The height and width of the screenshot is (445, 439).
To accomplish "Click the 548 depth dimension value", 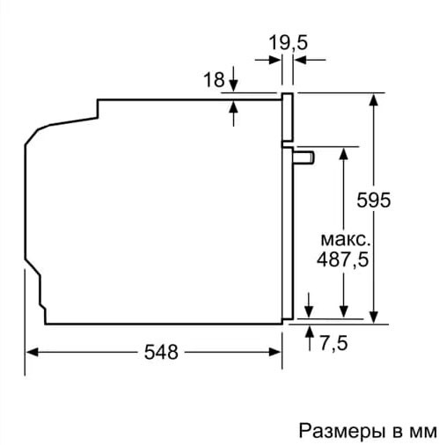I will (x=161, y=353).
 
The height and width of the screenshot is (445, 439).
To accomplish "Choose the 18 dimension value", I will (x=213, y=80).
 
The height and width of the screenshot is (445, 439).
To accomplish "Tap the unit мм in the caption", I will (x=421, y=431).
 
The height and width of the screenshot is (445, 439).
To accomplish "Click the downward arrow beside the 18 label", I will (x=234, y=86).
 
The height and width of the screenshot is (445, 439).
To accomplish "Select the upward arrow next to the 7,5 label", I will (x=310, y=332).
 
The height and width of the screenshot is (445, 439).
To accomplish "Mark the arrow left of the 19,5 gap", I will (x=274, y=60).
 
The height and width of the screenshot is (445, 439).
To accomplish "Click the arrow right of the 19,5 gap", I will (x=298, y=60).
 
